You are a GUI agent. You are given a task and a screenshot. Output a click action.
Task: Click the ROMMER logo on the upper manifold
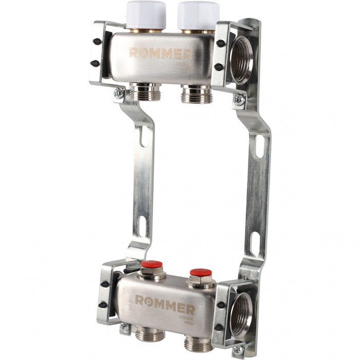[159, 53]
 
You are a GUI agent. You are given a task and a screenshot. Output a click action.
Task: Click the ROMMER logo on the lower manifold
[165, 303]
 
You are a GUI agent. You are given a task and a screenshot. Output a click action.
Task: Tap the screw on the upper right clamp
[239, 100]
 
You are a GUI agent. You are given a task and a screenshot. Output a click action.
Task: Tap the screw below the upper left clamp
[119, 93]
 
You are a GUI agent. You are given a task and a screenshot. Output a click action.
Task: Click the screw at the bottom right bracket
[238, 350]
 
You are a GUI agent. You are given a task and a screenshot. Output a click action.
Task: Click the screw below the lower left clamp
[123, 328]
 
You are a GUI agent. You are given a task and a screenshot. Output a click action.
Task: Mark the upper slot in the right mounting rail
[259, 146]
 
